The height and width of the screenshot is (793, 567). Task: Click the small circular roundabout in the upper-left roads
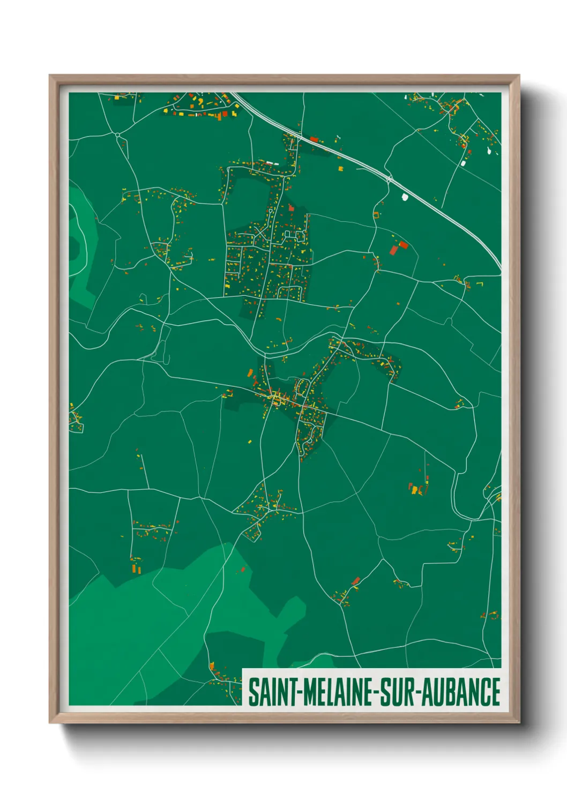tap(117, 134)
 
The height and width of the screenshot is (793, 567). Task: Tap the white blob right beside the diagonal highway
tap(405, 197)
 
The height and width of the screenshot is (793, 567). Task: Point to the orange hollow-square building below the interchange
tap(376, 215)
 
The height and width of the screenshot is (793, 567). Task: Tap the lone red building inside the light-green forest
tap(242, 570)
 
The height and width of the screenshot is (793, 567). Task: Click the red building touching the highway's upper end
tap(315, 140)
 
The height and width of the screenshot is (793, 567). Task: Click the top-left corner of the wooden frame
tap(50, 76)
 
